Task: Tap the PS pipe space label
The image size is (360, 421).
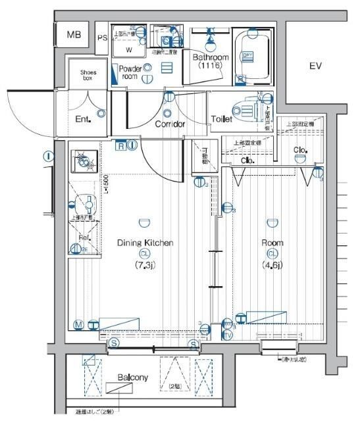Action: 102,37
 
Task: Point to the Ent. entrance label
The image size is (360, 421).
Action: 82,119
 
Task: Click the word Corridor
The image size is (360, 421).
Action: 170,124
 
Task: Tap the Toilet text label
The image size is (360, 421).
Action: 222,119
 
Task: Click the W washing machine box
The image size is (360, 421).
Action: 129,49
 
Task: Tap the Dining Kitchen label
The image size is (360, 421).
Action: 145,243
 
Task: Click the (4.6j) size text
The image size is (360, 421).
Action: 272,265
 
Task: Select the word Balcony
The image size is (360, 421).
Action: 133,378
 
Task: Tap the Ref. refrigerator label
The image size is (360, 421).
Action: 84,237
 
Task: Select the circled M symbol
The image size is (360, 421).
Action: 78,324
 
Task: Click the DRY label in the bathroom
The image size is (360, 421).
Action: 247,56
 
